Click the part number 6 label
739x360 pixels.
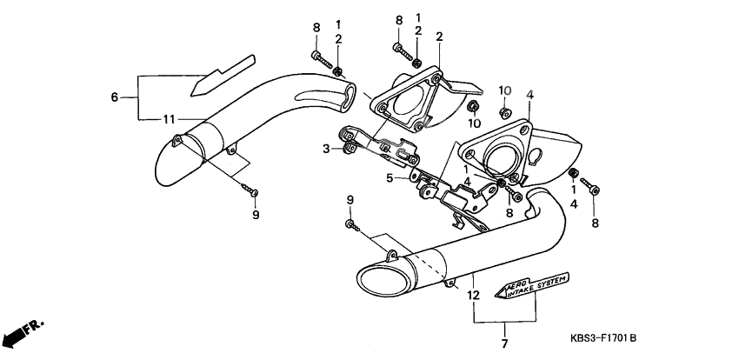pyautogui.click(x=114, y=97)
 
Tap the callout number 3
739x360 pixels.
pyautogui.click(x=327, y=149)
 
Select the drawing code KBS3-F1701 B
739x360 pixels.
pyautogui.click(x=603, y=337)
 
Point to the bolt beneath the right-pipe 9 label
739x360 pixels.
pyautogui.click(x=352, y=225)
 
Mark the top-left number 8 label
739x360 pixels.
pyautogui.click(x=316, y=28)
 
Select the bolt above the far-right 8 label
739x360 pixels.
pyautogui.click(x=592, y=186)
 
